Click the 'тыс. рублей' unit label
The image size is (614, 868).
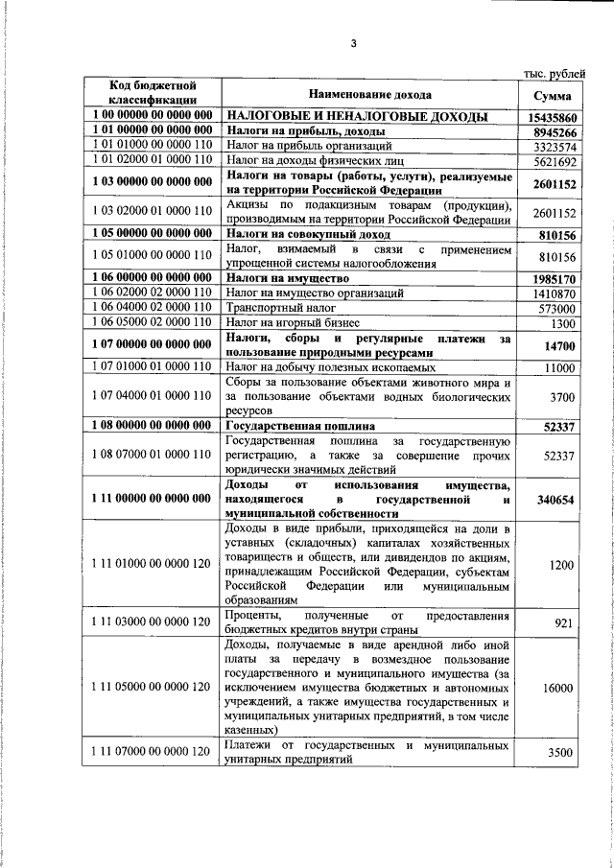click(550, 73)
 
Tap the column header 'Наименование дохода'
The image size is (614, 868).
click(369, 95)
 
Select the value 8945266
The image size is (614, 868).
click(553, 131)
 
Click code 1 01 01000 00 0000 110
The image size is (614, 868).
click(153, 146)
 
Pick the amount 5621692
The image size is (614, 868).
click(554, 162)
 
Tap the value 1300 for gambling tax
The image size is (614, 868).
click(562, 323)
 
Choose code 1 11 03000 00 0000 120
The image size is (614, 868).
click(153, 622)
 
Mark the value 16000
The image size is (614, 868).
click(557, 689)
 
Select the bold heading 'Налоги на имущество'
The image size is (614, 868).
click(285, 277)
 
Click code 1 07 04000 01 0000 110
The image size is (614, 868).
click(153, 394)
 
